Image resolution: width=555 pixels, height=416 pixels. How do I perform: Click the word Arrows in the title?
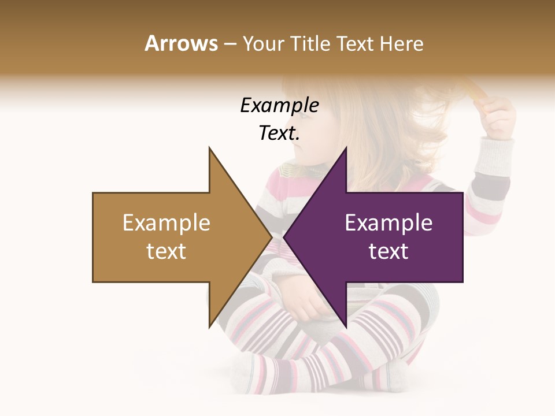tap(181, 43)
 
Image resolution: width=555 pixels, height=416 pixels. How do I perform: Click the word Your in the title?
tap(262, 43)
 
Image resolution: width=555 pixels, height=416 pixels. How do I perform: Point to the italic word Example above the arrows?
tap(279, 105)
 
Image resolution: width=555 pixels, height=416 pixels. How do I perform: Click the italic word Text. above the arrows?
tap(279, 133)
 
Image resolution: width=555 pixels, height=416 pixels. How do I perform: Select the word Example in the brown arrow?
tap(166, 222)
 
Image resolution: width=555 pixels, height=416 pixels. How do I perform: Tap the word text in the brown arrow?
tap(166, 251)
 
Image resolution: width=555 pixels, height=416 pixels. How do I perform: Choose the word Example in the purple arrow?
tap(388, 222)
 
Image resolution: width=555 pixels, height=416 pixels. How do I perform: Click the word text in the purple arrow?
tap(388, 251)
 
